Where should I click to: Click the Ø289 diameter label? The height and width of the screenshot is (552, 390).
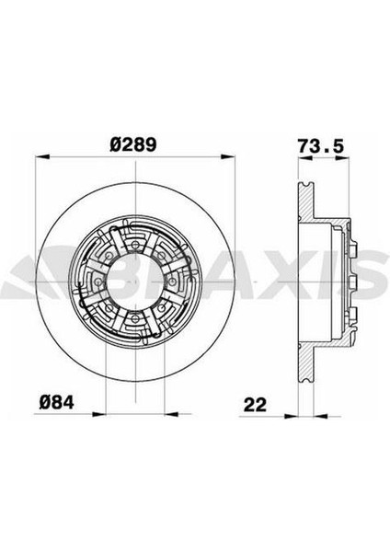[132, 144]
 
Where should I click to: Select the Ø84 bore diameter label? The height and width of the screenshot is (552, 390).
[57, 402]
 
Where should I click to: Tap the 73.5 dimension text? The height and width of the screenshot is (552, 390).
[320, 146]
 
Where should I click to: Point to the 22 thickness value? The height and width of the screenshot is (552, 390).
[255, 405]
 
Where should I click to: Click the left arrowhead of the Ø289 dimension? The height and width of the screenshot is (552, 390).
[42, 156]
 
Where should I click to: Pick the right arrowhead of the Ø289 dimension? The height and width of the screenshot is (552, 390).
[227, 156]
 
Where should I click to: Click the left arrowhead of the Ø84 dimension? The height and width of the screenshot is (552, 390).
[99, 414]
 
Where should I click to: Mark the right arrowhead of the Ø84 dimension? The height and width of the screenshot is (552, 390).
[171, 414]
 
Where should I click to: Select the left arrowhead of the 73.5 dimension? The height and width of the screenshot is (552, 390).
[305, 159]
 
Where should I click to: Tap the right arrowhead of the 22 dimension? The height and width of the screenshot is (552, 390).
[321, 416]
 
